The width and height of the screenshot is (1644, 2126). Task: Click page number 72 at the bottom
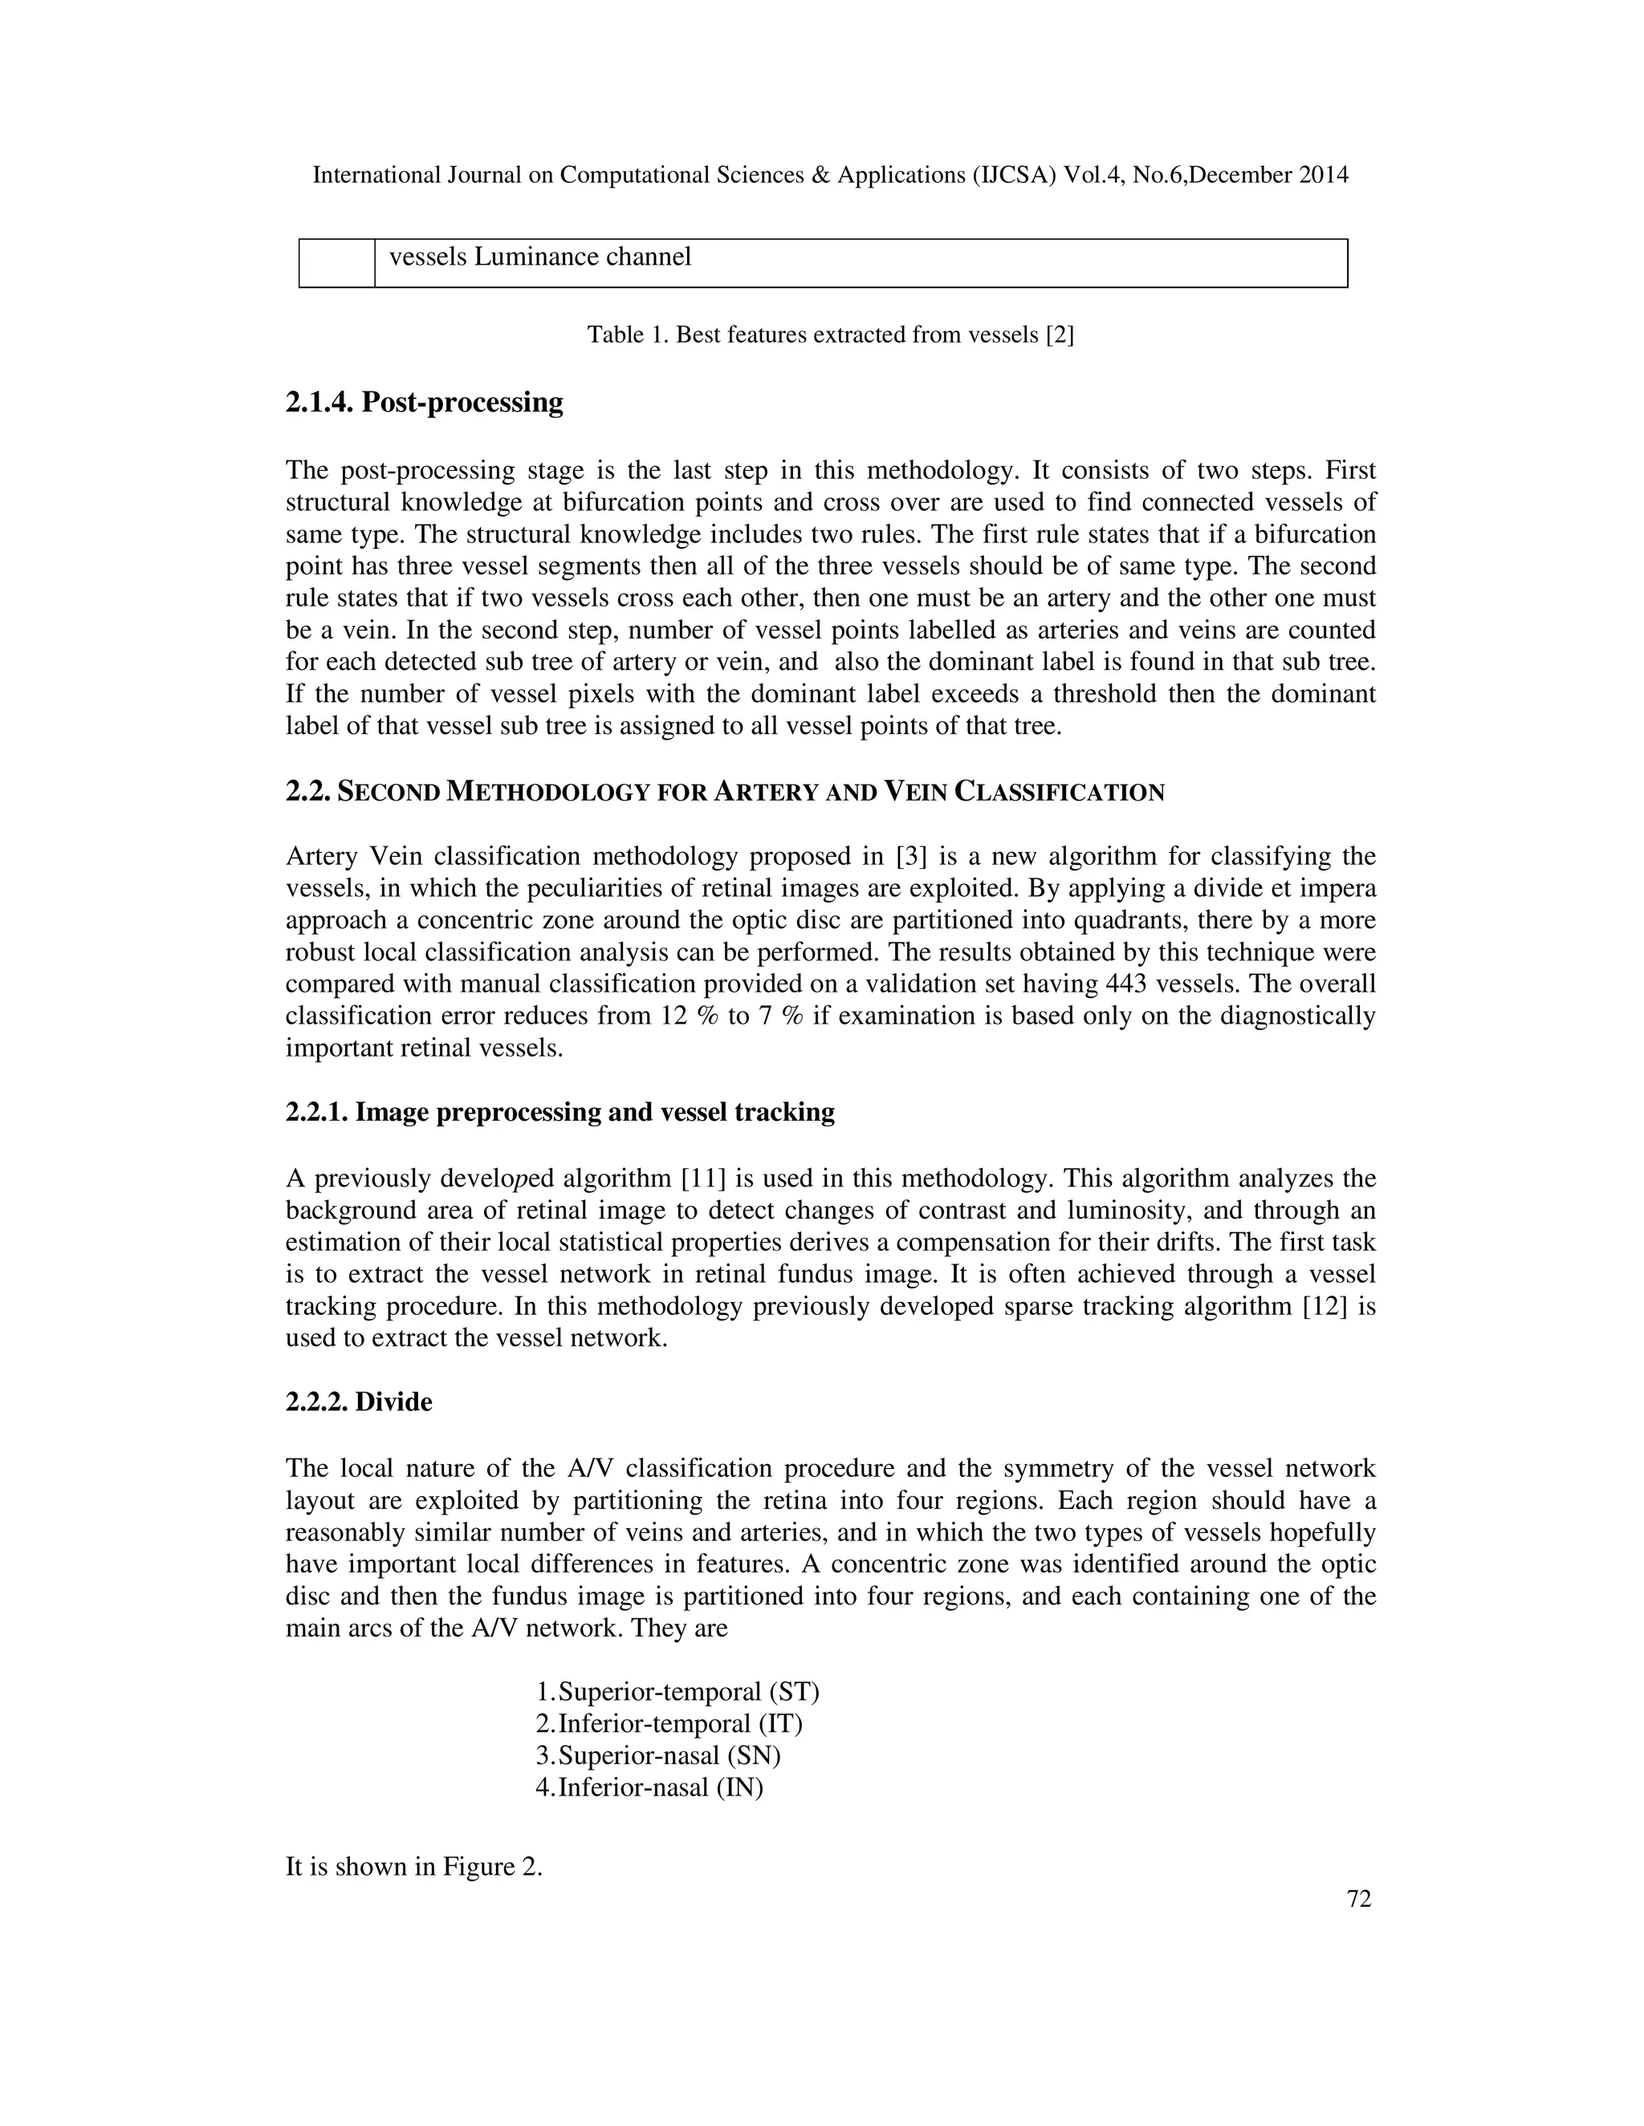1359,1899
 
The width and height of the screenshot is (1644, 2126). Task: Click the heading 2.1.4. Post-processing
424,402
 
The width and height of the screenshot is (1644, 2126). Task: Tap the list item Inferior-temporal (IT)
680,1724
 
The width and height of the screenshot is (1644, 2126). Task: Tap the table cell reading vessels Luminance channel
539,257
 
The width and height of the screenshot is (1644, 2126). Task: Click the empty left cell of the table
336,263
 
